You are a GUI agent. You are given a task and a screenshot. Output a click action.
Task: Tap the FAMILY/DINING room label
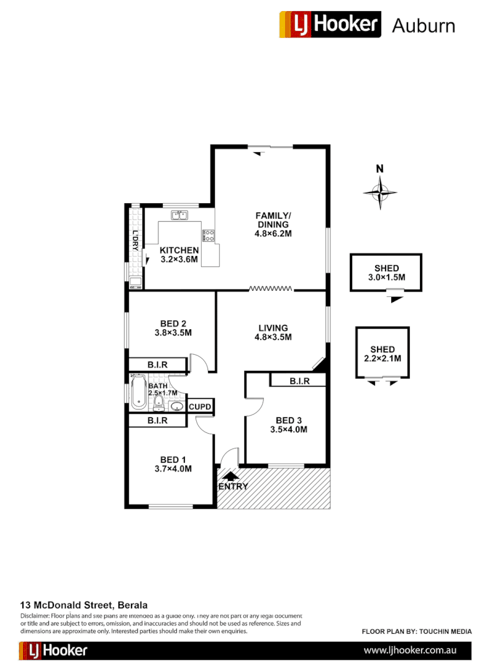tap(273, 224)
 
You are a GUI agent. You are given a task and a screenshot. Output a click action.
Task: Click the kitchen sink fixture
tap(180, 216)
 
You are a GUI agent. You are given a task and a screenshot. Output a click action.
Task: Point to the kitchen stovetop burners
tap(208, 235)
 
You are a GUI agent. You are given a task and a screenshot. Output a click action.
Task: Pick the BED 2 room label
tap(173, 327)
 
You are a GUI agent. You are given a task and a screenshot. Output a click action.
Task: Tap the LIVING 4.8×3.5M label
tap(273, 332)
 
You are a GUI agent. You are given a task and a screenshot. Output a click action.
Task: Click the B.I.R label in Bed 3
tap(299, 381)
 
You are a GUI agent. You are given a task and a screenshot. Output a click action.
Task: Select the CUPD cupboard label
tap(201, 408)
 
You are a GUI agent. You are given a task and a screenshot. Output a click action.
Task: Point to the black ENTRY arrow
tap(229, 476)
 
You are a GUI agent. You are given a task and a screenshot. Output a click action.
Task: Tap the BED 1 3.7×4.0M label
tap(173, 464)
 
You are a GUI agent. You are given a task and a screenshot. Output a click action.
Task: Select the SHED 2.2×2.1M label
tap(382, 354)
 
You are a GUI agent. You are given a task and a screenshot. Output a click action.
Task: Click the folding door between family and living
tap(271, 288)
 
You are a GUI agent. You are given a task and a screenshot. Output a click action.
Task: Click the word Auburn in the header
tap(424, 26)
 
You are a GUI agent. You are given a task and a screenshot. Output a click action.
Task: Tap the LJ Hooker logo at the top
tap(330, 25)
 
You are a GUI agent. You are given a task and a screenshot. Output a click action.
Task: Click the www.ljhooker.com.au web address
tap(410, 650)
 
